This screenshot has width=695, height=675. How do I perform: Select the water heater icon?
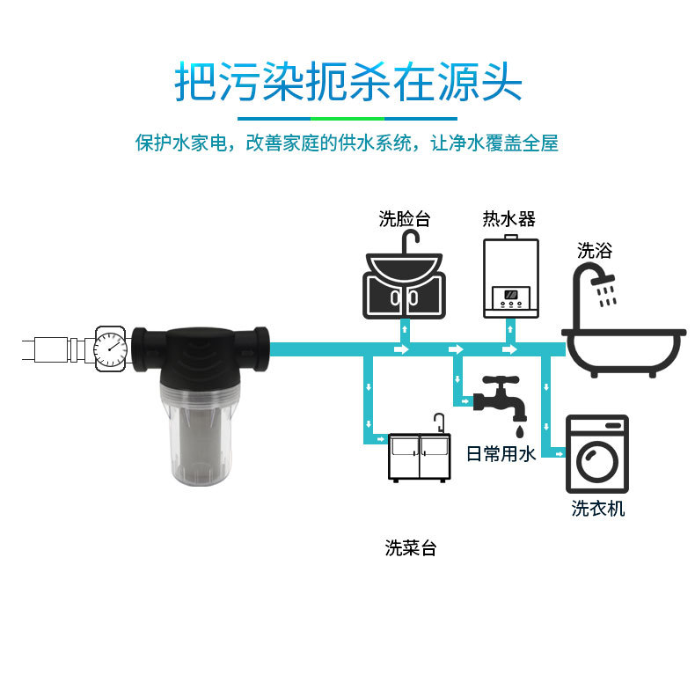tap(510, 277)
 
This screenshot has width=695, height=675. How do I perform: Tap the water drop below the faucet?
tap(519, 431)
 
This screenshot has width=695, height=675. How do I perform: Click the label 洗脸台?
tap(405, 219)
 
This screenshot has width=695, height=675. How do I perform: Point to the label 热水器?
tap(508, 219)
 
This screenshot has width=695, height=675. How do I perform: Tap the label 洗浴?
tap(595, 251)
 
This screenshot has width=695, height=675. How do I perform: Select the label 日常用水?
tap(500, 454)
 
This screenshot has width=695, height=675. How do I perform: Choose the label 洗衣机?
tap(598, 509)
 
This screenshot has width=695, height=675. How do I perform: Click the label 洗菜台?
tap(410, 548)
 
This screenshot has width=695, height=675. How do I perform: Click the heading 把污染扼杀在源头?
tap(348, 82)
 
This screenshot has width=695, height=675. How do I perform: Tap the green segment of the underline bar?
tap(347, 118)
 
